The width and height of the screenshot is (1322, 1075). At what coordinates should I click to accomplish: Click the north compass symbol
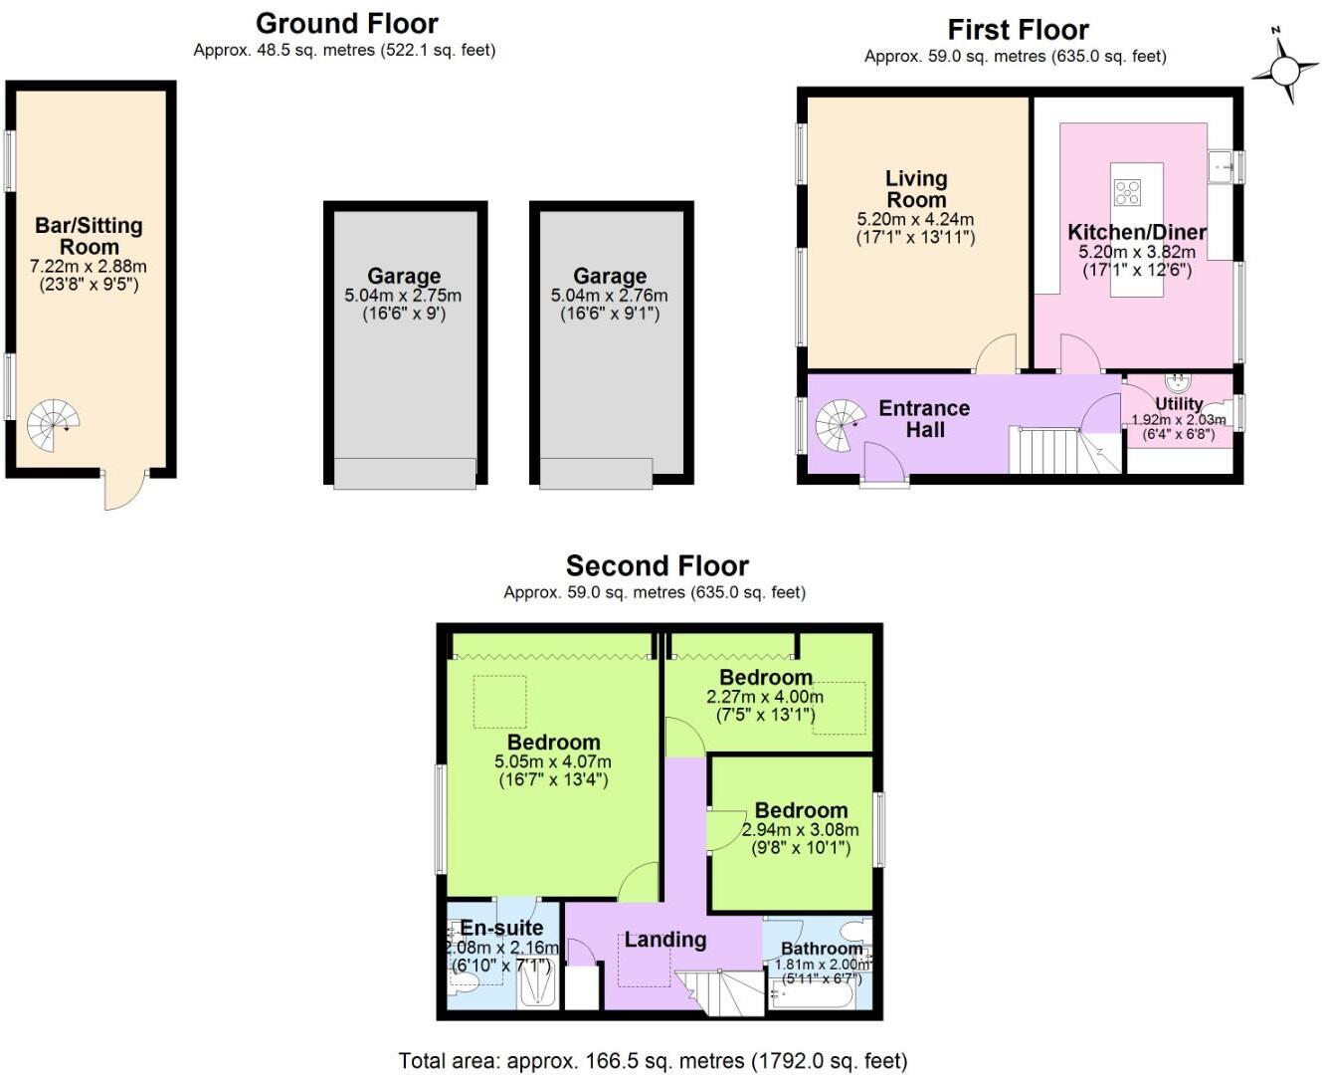(1284, 69)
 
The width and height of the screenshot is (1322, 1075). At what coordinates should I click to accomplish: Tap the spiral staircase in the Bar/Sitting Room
(52, 426)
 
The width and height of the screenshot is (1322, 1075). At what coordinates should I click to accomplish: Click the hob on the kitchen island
(1127, 191)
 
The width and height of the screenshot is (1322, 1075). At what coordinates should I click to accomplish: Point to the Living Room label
(916, 189)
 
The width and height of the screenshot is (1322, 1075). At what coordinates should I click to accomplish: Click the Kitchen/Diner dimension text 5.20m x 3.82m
(1137, 253)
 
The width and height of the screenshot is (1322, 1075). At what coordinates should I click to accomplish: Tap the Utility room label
(1179, 404)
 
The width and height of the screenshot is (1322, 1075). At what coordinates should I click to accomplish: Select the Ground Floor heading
(346, 24)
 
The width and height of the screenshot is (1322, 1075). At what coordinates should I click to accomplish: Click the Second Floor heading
(657, 566)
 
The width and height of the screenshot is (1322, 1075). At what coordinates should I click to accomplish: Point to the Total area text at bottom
(653, 1061)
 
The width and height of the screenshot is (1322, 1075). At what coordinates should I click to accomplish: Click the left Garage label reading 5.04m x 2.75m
(403, 295)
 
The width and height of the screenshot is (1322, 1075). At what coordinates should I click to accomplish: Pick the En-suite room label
(501, 929)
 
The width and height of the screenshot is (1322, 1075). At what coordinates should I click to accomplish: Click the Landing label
(664, 940)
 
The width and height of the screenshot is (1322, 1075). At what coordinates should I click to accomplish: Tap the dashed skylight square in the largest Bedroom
(499, 702)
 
